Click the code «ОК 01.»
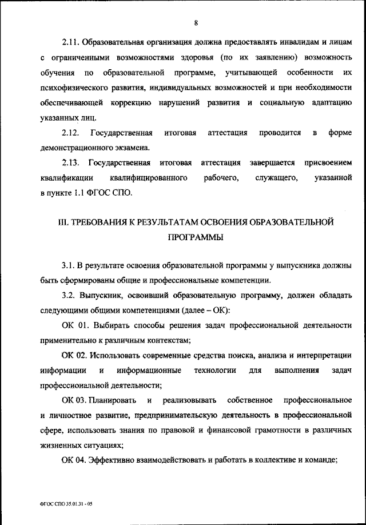coord(74,325)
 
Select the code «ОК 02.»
coord(74,355)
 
